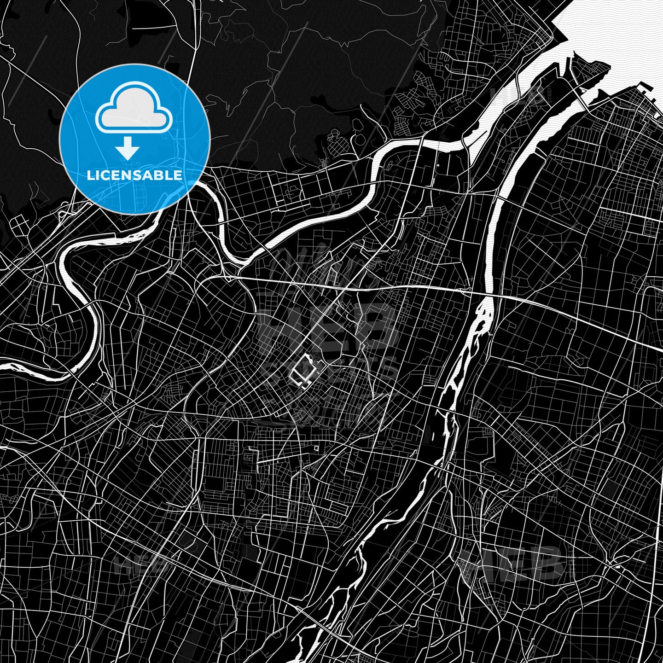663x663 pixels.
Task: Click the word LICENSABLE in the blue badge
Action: click(x=134, y=175)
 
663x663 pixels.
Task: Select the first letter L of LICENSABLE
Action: click(x=90, y=175)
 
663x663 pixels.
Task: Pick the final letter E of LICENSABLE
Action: click(x=178, y=175)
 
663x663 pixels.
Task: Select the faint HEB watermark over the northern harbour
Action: click(x=516, y=94)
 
